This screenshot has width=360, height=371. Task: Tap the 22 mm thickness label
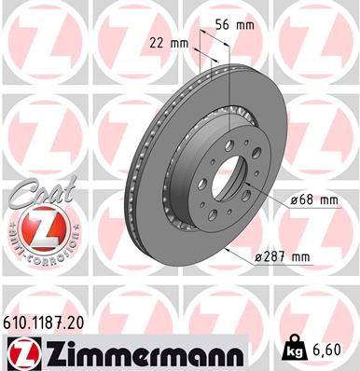169,43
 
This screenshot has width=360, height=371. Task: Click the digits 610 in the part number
20,320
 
